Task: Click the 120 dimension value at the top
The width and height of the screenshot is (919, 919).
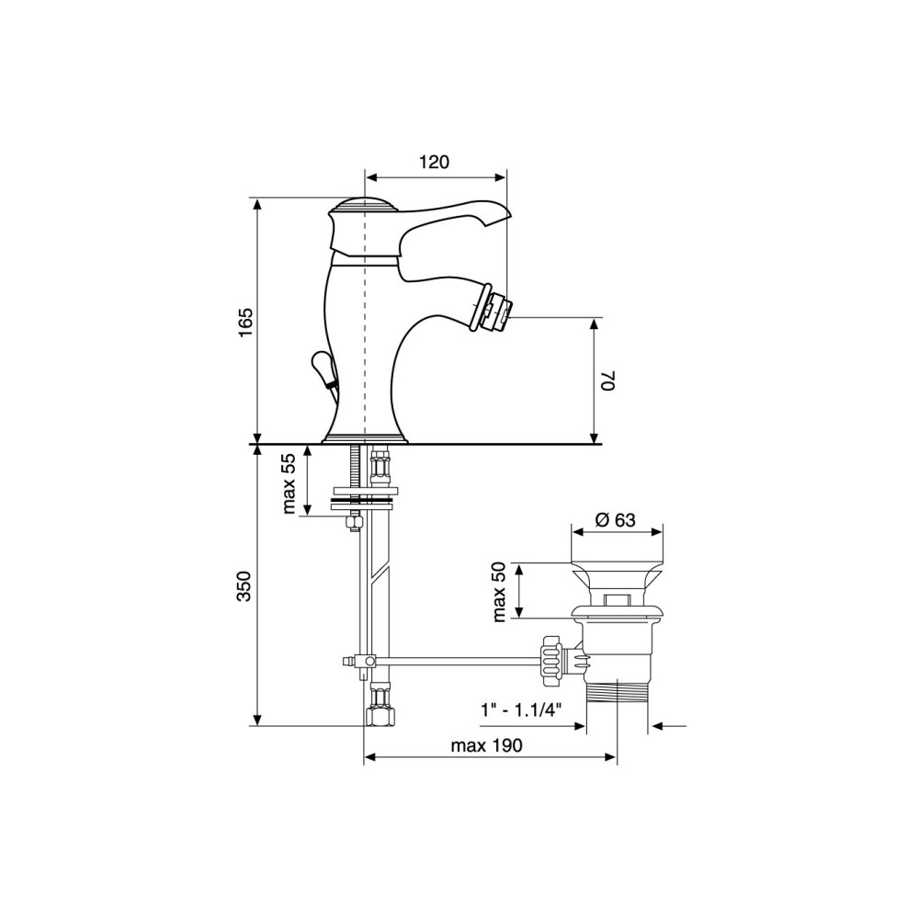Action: pos(435,162)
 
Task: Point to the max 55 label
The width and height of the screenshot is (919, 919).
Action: pos(289,483)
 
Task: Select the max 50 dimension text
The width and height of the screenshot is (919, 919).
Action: pos(499,591)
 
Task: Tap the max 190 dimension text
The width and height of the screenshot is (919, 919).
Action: pos(486,745)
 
